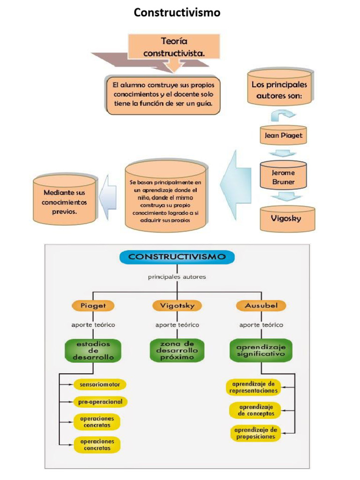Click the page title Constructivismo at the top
tap(177, 13)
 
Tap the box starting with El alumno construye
tap(163, 95)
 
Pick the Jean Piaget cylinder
tap(283, 135)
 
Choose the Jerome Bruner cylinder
tap(283, 177)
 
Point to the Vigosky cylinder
tap(287, 218)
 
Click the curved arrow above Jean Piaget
tap(283, 114)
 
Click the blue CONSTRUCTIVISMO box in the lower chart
tap(177, 257)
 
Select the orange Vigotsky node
tap(177, 306)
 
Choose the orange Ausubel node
tap(261, 306)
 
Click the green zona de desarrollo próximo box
tap(177, 350)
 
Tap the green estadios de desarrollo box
tap(92, 350)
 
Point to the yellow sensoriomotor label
tap(99, 385)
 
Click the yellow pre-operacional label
tap(100, 402)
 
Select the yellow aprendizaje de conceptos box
tap(255, 411)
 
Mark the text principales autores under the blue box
tap(177, 277)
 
